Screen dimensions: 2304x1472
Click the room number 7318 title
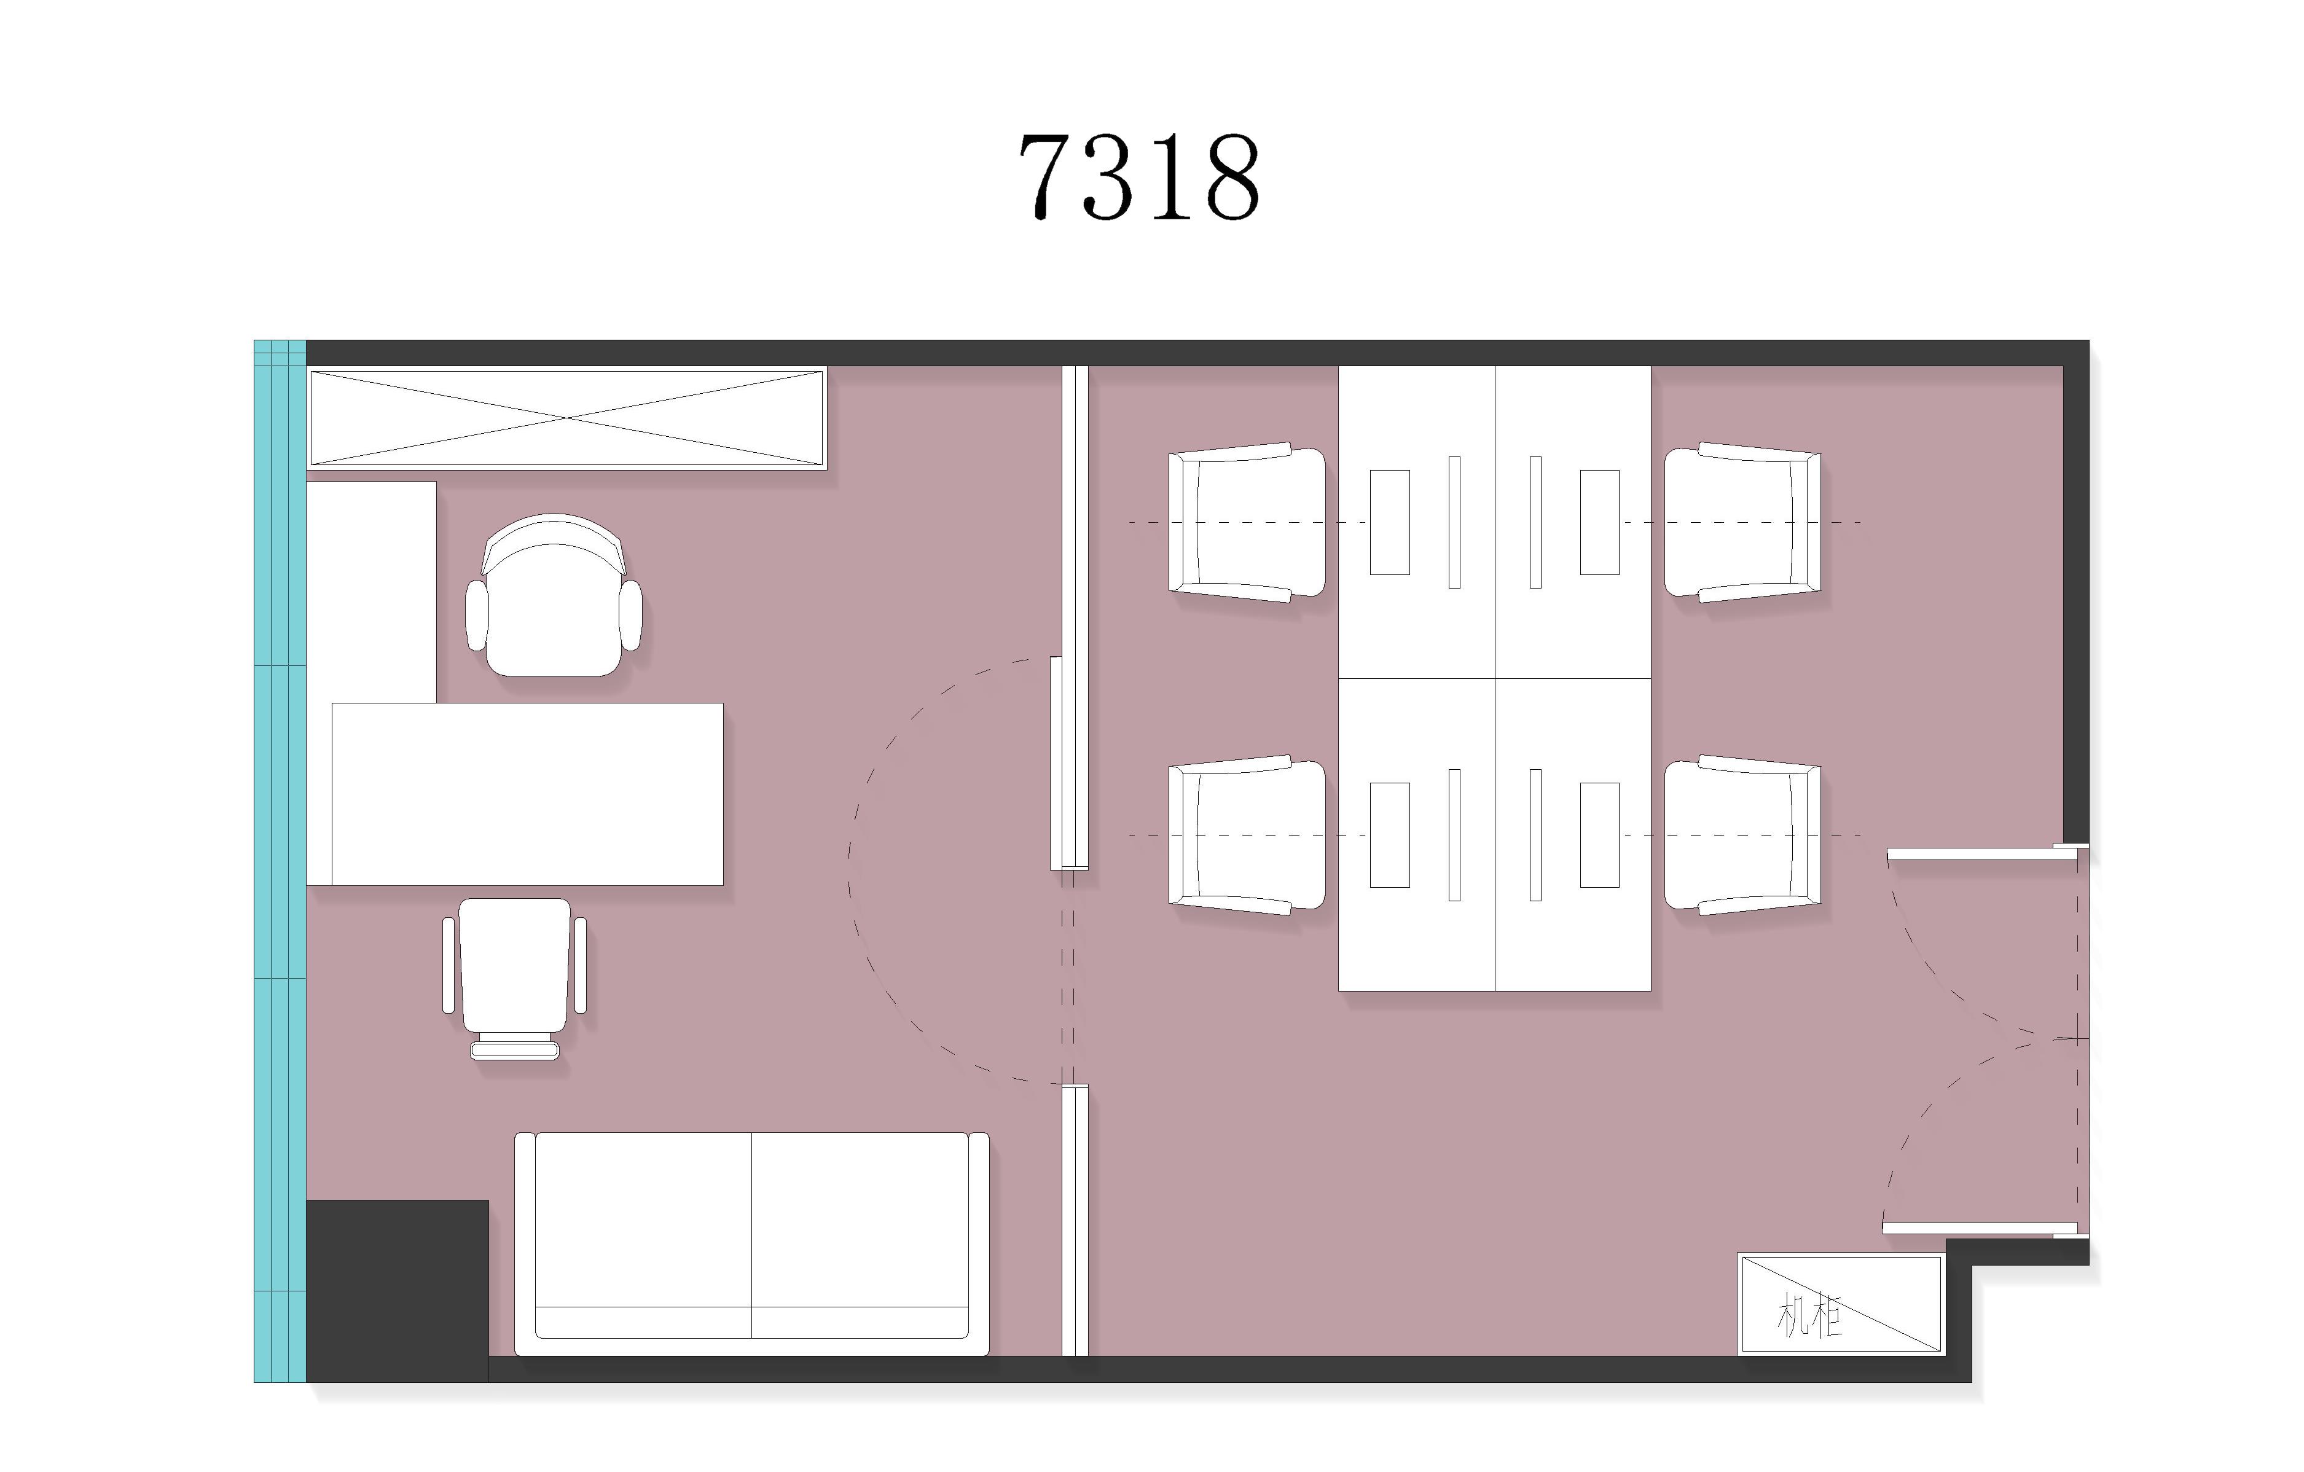click(x=1138, y=176)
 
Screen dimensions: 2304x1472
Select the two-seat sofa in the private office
click(x=751, y=1243)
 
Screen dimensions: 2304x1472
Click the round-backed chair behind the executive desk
click(x=553, y=595)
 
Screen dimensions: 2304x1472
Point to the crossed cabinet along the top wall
click(x=566, y=418)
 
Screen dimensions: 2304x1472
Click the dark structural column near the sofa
click(x=397, y=1290)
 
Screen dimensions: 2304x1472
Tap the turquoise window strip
click(x=280, y=861)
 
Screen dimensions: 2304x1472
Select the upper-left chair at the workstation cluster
click(x=1247, y=522)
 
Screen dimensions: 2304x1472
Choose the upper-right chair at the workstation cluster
click(x=1742, y=522)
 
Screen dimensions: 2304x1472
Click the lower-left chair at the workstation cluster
click(x=1247, y=835)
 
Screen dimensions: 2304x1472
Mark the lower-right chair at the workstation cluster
click(x=1742, y=835)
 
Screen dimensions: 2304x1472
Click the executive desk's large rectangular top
click(x=527, y=794)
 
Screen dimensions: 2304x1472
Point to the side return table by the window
click(x=371, y=592)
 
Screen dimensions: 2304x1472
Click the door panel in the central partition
click(x=1056, y=763)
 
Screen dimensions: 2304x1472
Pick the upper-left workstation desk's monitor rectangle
click(x=1389, y=522)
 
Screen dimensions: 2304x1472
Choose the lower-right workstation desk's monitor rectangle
click(x=1599, y=835)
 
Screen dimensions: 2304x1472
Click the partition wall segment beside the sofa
click(x=1075, y=1221)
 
